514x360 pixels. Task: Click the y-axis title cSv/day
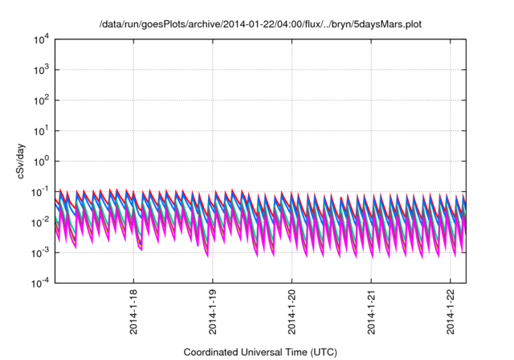(x=27, y=161)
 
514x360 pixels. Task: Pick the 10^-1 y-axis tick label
(x=42, y=191)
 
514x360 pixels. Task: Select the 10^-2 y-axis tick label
(x=42, y=222)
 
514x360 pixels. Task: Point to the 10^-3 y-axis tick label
(x=42, y=252)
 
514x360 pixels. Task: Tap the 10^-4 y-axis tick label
(x=42, y=283)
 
